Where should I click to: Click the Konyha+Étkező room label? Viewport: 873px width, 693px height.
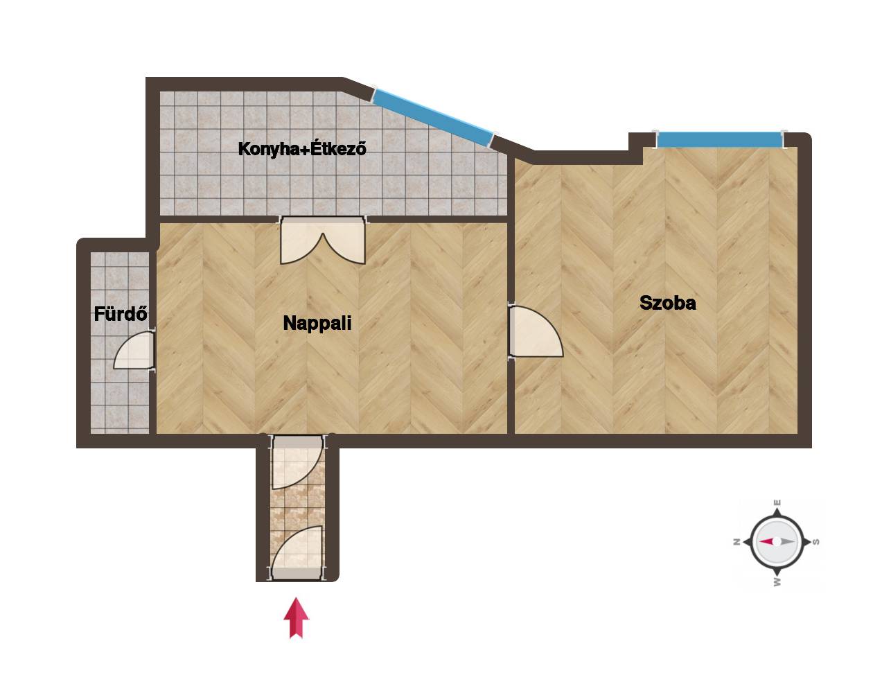click(302, 149)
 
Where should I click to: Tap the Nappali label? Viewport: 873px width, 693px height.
click(317, 323)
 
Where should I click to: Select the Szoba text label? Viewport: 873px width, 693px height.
click(668, 303)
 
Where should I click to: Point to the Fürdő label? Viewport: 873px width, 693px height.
click(121, 314)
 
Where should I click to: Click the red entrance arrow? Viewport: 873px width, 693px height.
click(296, 617)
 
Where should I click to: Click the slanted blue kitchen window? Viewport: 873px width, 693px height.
click(433, 117)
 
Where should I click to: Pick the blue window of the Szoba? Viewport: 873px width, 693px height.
click(720, 139)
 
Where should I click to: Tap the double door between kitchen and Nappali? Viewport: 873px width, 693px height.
click(323, 240)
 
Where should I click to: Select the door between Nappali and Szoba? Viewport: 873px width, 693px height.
click(536, 331)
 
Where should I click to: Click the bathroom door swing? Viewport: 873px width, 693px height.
click(134, 350)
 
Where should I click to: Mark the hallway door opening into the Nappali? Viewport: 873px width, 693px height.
click(297, 462)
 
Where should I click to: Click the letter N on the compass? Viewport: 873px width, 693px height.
click(737, 542)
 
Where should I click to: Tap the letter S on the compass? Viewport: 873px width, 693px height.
click(817, 542)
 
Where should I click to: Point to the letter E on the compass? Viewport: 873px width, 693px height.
click(777, 502)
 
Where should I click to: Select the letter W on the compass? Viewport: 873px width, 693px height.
click(777, 582)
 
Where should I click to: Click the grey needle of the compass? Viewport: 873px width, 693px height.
click(786, 541)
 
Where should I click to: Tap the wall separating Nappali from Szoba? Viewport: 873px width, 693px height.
click(511, 296)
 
